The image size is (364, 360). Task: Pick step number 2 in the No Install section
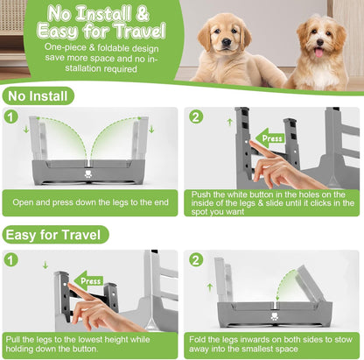pos(196,116)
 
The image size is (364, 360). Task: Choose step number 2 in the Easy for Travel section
pos(196,259)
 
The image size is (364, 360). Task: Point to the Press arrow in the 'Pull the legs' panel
pos(88,281)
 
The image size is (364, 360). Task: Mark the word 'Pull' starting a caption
pos(15,337)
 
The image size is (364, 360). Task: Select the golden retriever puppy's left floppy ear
pos(203,38)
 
